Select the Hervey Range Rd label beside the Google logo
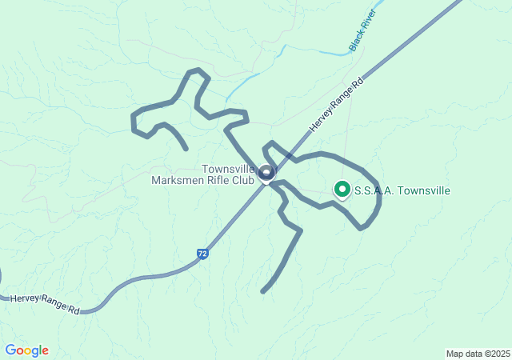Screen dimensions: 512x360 point(46,303)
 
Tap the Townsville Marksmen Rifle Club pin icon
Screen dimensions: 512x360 point(266,171)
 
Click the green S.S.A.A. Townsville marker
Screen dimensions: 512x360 point(342,190)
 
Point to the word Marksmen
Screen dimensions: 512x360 point(178,180)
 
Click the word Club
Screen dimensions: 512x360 point(245,180)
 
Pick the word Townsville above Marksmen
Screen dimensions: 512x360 point(228,169)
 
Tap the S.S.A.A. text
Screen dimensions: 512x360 point(374,190)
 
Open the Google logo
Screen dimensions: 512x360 point(26,350)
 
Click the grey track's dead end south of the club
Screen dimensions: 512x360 point(262,291)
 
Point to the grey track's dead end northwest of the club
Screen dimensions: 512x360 point(186,149)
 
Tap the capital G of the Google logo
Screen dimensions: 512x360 point(10,350)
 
